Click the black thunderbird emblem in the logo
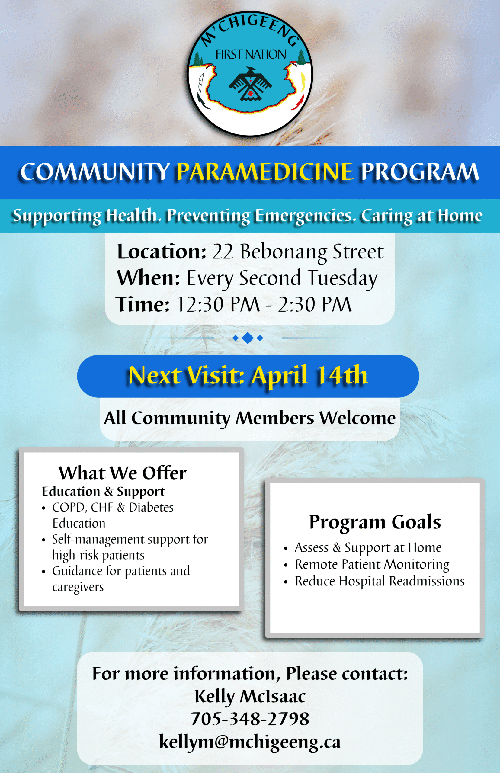click(250, 84)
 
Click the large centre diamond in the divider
click(248, 338)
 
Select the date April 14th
click(309, 376)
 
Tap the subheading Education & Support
click(103, 492)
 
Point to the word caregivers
click(78, 587)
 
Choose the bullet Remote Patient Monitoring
click(372, 564)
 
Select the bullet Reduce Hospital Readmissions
click(380, 581)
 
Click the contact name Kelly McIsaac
click(250, 696)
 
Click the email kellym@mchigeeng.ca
click(250, 742)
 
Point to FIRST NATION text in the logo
click(251, 54)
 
